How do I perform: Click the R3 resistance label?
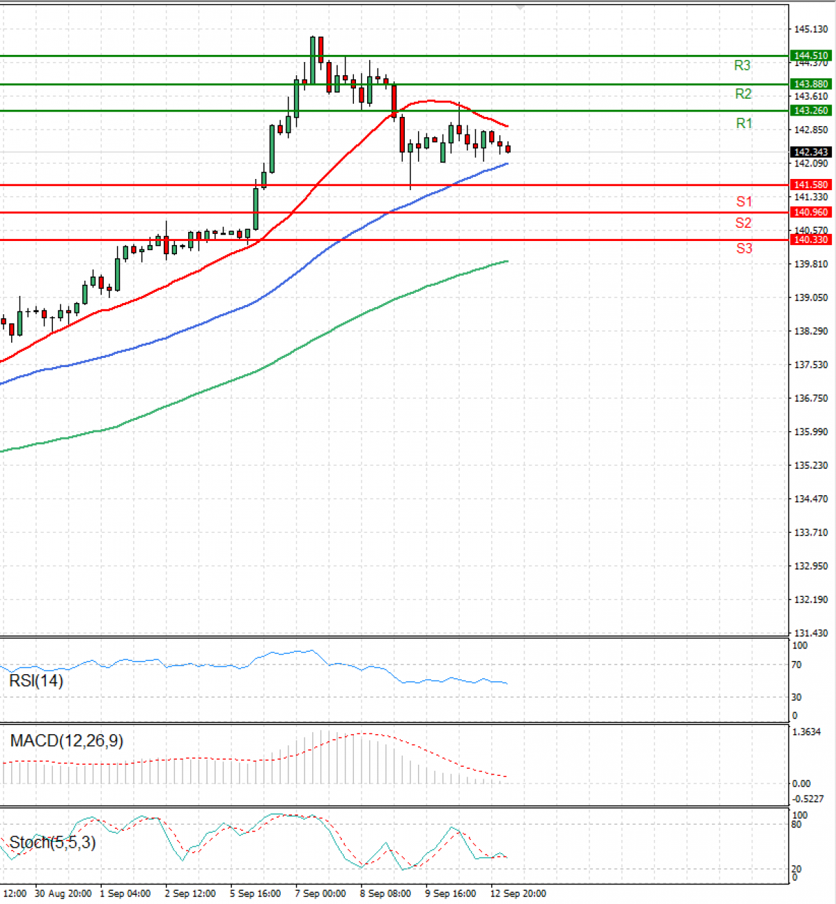pyautogui.click(x=742, y=65)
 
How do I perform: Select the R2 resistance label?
pyautogui.click(x=743, y=94)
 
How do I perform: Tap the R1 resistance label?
pyautogui.click(x=744, y=123)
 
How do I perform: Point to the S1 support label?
pyautogui.click(x=744, y=201)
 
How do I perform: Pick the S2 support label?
pyautogui.click(x=743, y=223)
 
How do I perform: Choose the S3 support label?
pyautogui.click(x=744, y=248)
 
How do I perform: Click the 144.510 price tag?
pyautogui.click(x=811, y=56)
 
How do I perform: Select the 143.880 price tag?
pyautogui.click(x=811, y=84)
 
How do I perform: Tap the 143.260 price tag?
pyautogui.click(x=811, y=111)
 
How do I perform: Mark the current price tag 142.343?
pyautogui.click(x=811, y=152)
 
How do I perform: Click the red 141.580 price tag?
pyautogui.click(x=811, y=185)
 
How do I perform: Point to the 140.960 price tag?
pyautogui.click(x=811, y=212)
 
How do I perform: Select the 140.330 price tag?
pyautogui.click(x=811, y=240)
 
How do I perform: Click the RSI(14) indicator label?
pyautogui.click(x=36, y=680)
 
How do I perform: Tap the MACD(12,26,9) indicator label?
pyautogui.click(x=67, y=740)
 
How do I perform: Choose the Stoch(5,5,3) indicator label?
pyautogui.click(x=52, y=843)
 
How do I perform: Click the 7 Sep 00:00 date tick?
pyautogui.click(x=320, y=894)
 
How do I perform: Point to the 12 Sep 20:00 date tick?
pyautogui.click(x=518, y=894)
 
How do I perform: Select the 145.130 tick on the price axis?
pyautogui.click(x=811, y=29)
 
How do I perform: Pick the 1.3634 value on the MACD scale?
pyautogui.click(x=807, y=732)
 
